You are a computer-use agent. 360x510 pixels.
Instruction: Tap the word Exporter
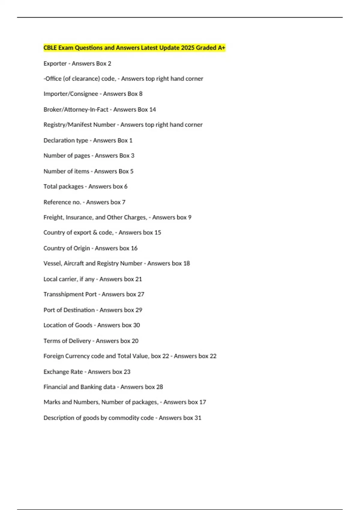(55, 64)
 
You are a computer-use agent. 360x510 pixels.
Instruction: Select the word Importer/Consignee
(71, 94)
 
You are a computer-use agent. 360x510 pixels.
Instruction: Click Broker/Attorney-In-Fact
(76, 109)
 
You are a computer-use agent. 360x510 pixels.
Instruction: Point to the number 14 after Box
(152, 109)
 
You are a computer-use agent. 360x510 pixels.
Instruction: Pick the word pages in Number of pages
(82, 156)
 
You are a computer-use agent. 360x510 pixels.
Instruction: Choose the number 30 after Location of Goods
(136, 325)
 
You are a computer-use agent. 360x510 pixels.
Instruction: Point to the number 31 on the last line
(198, 418)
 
